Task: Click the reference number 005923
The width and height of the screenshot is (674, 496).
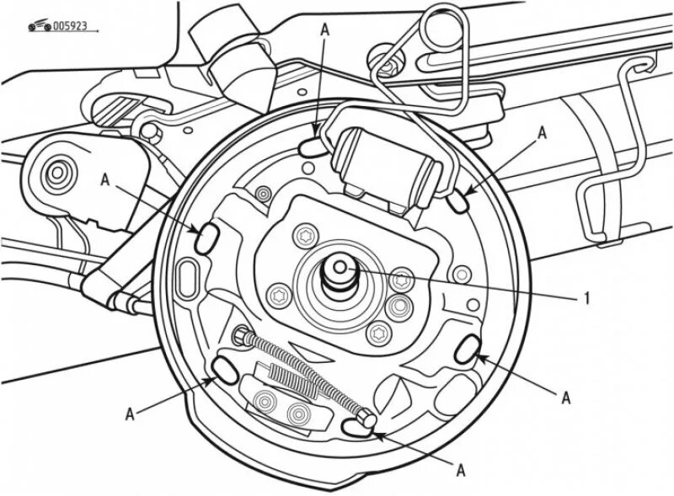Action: click(x=71, y=27)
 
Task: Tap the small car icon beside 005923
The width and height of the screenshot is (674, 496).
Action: click(x=39, y=27)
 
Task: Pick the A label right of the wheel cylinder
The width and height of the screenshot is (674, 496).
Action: click(x=542, y=132)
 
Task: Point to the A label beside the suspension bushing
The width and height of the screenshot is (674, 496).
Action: click(x=104, y=179)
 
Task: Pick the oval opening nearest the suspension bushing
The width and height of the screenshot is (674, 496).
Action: click(x=206, y=237)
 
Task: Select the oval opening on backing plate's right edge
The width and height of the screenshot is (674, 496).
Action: click(x=468, y=349)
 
